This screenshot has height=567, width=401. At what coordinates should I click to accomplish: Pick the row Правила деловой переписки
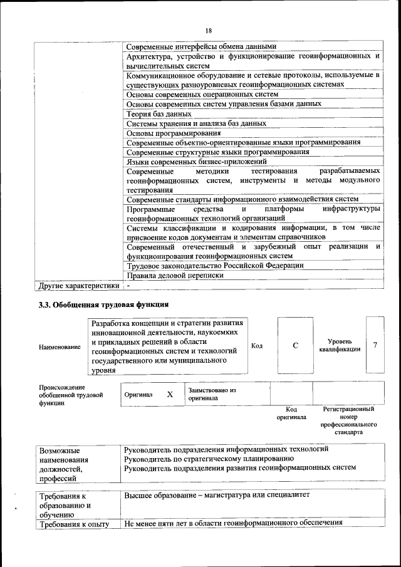(175, 275)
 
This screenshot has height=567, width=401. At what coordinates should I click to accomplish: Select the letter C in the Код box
(294, 345)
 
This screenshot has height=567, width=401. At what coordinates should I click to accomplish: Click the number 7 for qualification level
(375, 345)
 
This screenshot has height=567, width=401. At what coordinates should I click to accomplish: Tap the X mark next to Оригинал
(169, 395)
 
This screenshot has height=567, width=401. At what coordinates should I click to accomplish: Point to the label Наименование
(60, 346)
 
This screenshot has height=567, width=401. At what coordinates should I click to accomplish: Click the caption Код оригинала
(291, 412)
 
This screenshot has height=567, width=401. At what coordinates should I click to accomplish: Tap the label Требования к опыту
(74, 524)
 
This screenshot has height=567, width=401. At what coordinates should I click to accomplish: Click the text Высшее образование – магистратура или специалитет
(217, 495)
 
